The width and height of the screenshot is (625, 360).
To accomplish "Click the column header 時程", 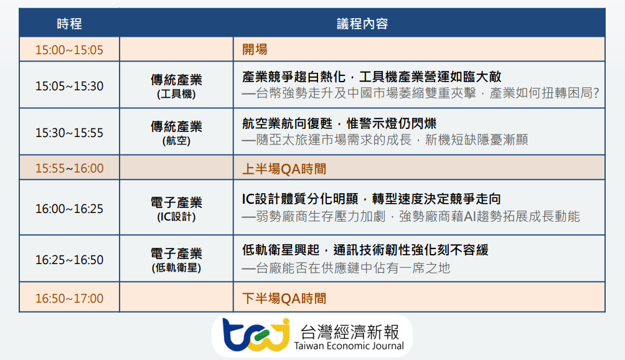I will point(69,24).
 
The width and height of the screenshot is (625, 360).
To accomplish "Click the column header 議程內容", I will point(362,24).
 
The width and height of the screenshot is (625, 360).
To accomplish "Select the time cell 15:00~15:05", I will point(69,50).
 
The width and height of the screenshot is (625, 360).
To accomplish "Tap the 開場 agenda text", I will point(255,50).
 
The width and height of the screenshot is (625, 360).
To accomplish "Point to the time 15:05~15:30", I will point(69,86).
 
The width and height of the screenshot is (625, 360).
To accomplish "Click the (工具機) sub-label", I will point(176,94).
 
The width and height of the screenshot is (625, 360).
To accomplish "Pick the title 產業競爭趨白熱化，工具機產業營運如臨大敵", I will point(372,77).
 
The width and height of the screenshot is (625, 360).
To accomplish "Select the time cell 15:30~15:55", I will point(69,133).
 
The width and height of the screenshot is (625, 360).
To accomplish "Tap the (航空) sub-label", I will point(176,141).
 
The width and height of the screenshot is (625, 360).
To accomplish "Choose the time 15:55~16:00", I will point(69,168).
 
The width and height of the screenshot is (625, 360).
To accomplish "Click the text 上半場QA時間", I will point(284,169).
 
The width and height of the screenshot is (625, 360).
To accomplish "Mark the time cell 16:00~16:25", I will point(69,209).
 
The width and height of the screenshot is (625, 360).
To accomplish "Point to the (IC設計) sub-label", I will point(176,217).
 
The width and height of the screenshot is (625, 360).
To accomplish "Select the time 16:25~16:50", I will point(69,260).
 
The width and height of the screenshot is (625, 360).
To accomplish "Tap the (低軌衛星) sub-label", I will point(176,268).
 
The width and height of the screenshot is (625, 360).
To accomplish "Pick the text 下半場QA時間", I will point(284,298).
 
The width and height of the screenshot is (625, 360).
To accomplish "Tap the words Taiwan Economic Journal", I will point(349,346).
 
